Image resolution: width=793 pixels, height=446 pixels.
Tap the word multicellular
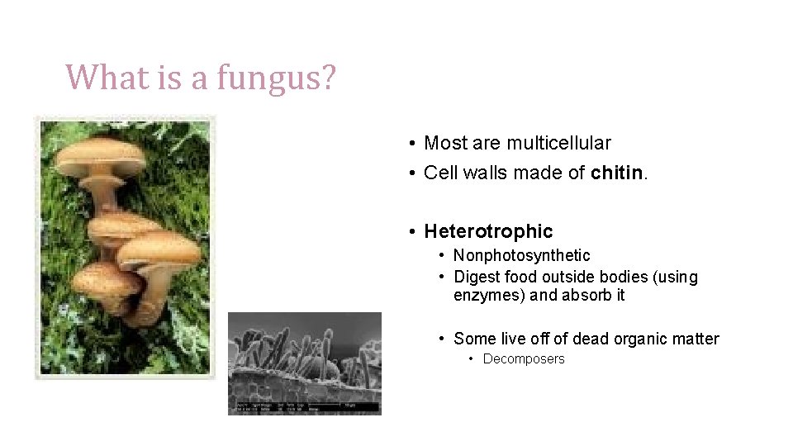[558, 143]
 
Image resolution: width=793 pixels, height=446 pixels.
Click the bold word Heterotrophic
[488, 231]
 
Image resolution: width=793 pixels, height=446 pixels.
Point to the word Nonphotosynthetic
[521, 256]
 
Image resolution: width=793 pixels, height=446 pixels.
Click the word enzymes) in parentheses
[489, 295]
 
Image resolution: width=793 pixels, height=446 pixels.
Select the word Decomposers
[524, 359]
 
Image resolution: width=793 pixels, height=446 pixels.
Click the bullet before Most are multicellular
[411, 144]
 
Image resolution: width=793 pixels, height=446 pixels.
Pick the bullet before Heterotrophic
[411, 232]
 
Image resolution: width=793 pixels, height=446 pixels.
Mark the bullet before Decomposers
[471, 359]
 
